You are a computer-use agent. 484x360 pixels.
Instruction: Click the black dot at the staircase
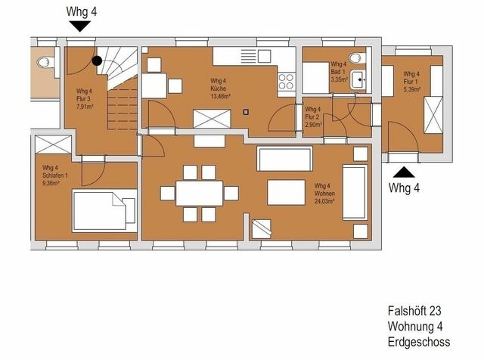point(97,61)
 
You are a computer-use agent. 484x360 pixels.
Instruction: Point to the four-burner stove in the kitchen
point(286,79)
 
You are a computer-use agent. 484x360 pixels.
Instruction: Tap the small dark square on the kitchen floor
point(246,113)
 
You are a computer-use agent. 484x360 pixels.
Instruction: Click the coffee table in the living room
point(286,193)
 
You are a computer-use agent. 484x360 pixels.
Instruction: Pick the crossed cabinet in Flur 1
point(433,114)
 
